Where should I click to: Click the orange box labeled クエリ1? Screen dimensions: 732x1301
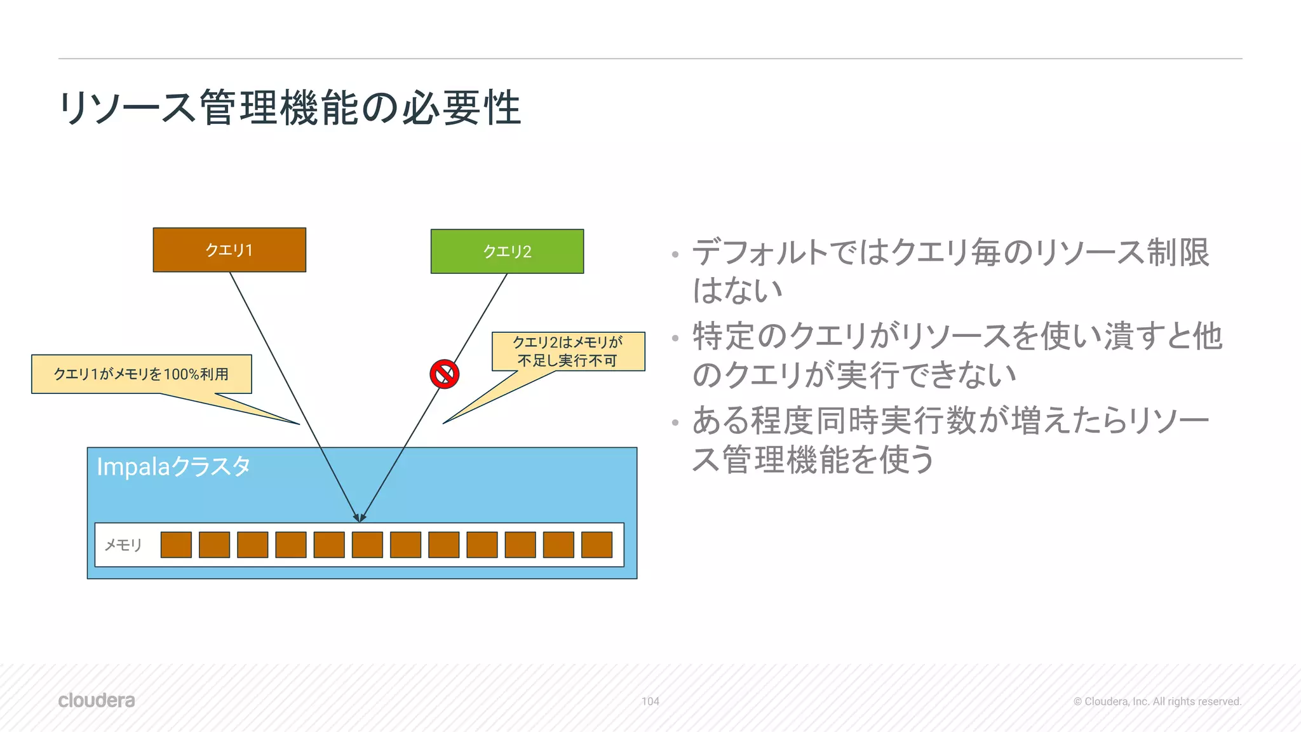coord(229,250)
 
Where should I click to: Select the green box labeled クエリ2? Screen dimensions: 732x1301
coord(507,252)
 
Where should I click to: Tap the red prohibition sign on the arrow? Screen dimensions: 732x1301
coord(445,374)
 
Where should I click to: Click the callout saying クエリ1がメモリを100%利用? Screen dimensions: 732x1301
coord(141,374)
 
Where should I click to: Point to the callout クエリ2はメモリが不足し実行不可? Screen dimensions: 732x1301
coord(568,351)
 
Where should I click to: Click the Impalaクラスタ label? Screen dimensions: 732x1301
coord(173,467)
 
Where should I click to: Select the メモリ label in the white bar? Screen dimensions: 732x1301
coord(123,545)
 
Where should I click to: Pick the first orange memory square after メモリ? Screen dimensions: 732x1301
coord(176,545)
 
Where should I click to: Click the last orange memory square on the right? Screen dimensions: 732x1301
coord(597,545)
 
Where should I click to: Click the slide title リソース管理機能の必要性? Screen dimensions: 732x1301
coord(290,108)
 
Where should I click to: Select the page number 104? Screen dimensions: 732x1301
coord(650,701)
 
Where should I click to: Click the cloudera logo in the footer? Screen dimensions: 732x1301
coord(97,700)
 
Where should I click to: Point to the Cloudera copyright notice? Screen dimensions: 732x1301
coord(1157,701)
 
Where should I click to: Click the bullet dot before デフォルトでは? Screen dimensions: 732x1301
coord(675,255)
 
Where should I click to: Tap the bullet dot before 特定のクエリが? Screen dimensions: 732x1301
coord(675,339)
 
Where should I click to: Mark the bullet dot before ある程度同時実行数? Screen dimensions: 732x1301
coord(675,423)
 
